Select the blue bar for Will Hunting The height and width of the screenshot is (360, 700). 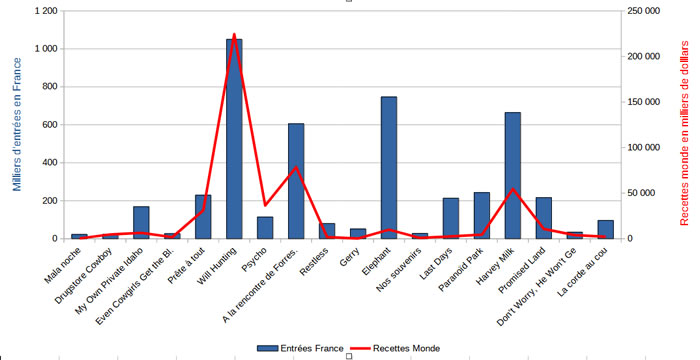coord(234,139)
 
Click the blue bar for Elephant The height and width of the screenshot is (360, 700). coord(389,168)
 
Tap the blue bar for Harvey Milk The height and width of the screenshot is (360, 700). coord(512,176)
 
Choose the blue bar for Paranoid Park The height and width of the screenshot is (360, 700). coord(482,216)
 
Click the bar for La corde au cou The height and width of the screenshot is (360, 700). coord(606,230)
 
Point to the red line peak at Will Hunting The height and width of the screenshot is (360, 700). coord(234,34)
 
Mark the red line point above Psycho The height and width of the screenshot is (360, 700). coord(265,205)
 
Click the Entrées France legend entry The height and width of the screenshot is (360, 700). coord(300,348)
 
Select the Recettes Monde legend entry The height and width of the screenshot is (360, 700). coord(395,348)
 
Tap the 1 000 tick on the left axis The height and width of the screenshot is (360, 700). coord(46,49)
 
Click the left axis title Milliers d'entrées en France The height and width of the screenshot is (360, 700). coord(17,124)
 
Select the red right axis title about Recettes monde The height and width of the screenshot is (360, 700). coord(684,133)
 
